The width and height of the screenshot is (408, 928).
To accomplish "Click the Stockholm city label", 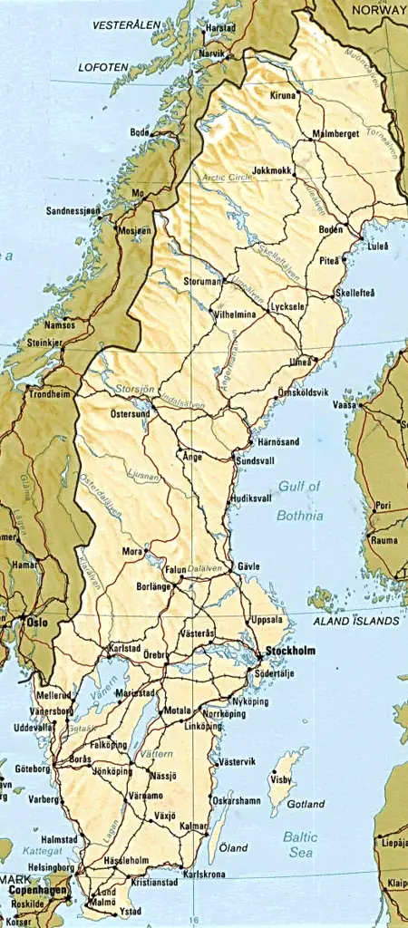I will point(290,651).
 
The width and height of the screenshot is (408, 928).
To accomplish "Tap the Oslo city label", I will point(35,623).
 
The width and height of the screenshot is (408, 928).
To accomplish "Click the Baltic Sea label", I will point(299,845).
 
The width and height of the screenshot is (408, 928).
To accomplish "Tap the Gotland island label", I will point(306,804).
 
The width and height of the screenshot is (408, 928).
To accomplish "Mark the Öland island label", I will point(234,848).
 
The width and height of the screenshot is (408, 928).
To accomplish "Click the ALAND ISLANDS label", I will point(355,622).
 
